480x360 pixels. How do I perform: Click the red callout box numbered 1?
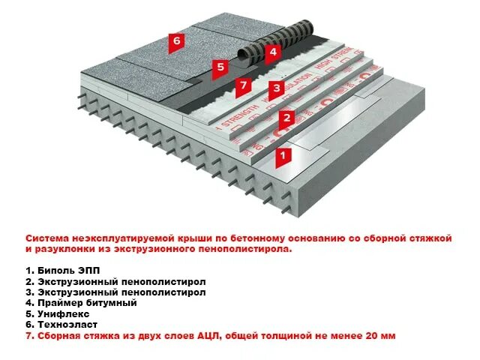coord(283,157)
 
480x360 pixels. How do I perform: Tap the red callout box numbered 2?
coord(285,117)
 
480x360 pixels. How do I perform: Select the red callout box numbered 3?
coord(276,88)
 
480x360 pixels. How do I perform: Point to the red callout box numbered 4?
coord(272,52)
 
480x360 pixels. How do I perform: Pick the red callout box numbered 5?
coord(220,67)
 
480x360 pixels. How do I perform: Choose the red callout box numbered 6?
coord(176,40)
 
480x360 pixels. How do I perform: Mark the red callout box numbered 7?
coord(242,85)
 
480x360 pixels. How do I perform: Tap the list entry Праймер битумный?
coord(81,303)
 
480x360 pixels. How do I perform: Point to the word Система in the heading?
coord(46,238)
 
